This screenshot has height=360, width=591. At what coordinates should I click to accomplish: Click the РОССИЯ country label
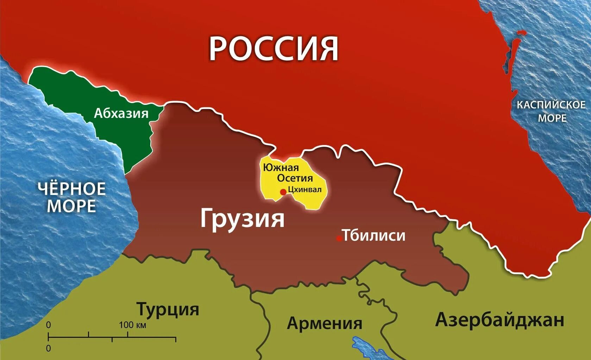pyautogui.click(x=274, y=49)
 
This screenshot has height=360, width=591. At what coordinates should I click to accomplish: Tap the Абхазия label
pyautogui.click(x=121, y=114)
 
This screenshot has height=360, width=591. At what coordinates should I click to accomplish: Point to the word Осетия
pyautogui.click(x=295, y=178)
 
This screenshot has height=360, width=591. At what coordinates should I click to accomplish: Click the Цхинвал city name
pyautogui.click(x=304, y=190)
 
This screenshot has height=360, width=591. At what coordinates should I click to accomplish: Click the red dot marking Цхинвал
pyautogui.click(x=283, y=192)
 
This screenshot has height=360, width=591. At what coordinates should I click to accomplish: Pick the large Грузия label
pyautogui.click(x=242, y=219)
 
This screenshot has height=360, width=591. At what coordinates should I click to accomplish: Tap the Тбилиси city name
pyautogui.click(x=374, y=235)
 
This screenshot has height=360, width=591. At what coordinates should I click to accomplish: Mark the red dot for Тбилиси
pyautogui.click(x=339, y=238)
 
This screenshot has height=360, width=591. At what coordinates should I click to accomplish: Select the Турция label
pyautogui.click(x=168, y=309)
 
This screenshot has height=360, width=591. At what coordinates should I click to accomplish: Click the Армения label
pyautogui.click(x=325, y=323)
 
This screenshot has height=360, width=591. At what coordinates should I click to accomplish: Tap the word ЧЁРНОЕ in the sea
pyautogui.click(x=71, y=189)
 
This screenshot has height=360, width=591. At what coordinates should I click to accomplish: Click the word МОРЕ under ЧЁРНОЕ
pyautogui.click(x=71, y=206)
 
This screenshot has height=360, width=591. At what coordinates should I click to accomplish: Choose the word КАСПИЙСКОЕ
pyautogui.click(x=551, y=105)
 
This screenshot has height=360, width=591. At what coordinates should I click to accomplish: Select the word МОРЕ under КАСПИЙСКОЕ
pyautogui.click(x=552, y=118)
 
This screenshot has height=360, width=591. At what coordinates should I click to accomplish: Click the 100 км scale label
pyautogui.click(x=132, y=325)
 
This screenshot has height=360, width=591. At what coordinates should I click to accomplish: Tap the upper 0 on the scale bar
pyautogui.click(x=49, y=325)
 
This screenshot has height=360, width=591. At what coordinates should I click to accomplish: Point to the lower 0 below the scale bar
pyautogui.click(x=49, y=348)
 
